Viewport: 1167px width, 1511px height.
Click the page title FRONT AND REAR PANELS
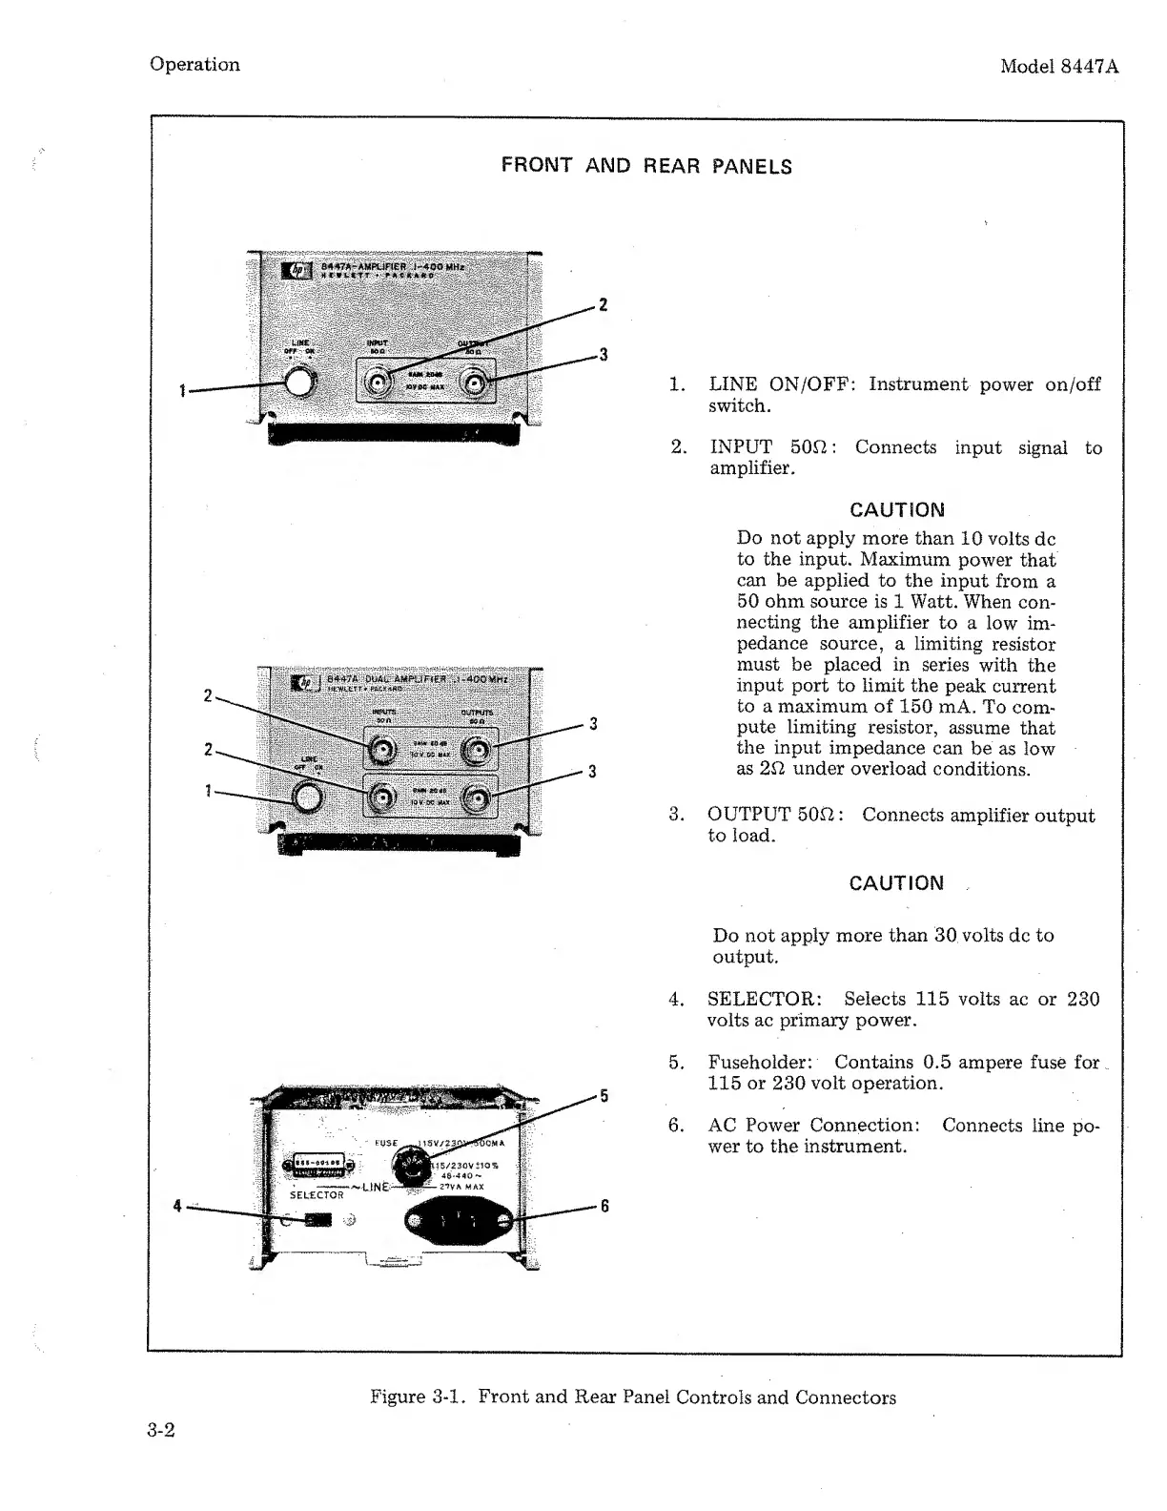tap(646, 166)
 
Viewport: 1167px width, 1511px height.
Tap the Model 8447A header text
tap(1058, 67)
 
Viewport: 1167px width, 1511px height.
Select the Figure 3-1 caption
tap(632, 1397)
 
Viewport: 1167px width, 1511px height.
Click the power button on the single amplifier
tap(301, 383)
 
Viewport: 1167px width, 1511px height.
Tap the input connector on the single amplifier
tap(379, 383)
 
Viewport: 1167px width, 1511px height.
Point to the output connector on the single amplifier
tap(474, 383)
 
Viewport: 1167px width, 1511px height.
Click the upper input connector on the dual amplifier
tap(382, 751)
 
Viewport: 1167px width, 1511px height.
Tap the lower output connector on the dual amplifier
tap(477, 797)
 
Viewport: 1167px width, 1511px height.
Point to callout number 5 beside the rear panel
tap(604, 1095)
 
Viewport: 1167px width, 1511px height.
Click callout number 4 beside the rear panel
tap(177, 1206)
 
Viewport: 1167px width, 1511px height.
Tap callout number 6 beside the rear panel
tap(604, 1207)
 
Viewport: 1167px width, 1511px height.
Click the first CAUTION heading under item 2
tap(896, 510)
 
